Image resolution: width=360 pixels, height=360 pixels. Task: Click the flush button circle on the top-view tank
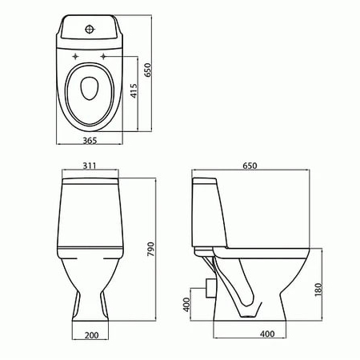90,30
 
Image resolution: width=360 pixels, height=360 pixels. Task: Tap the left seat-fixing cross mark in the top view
75,56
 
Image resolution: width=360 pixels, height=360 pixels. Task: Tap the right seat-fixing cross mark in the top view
103,56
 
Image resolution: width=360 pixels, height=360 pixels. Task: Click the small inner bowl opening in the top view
90,88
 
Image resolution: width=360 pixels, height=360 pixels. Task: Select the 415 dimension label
134,90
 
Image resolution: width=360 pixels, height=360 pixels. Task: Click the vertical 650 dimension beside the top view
148,70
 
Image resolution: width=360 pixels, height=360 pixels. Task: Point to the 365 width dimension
90,141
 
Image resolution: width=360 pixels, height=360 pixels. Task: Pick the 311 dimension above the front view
90,166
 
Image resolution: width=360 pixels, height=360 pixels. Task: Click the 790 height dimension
151,250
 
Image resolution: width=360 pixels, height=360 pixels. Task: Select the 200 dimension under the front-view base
91,335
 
